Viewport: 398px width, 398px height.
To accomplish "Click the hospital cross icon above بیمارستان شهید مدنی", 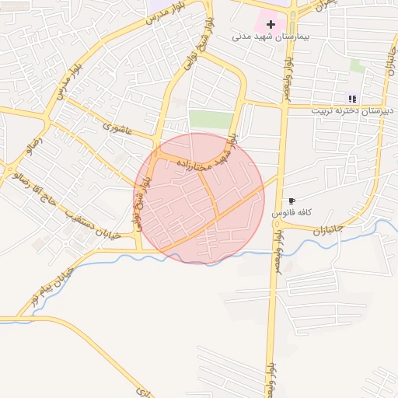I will (271, 25).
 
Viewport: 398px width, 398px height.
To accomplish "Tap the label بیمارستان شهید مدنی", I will (271, 37).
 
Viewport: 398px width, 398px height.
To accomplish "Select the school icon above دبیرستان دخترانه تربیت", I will (352, 99).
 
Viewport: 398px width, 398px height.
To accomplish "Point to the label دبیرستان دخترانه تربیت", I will (349, 110).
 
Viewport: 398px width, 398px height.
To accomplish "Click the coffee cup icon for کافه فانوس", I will (292, 201).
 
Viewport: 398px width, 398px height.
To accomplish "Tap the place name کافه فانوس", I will (292, 212).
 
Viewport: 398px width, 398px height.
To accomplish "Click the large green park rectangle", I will (211, 120).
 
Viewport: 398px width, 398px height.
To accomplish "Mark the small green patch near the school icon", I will (357, 66).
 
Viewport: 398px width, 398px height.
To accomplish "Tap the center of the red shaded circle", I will (200, 198).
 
